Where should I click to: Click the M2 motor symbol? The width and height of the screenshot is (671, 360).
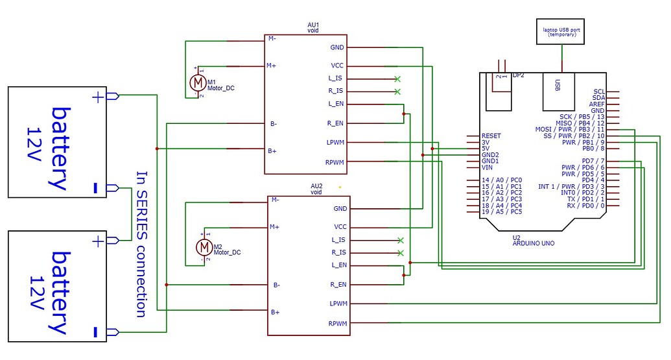(204, 246)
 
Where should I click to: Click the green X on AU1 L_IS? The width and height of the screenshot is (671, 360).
(397, 78)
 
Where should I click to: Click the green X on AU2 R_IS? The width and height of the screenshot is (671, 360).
(400, 252)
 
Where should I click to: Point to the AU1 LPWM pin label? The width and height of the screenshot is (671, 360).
(336, 143)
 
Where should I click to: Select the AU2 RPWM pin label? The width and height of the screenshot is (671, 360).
(337, 323)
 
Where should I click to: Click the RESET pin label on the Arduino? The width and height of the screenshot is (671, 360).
(491, 136)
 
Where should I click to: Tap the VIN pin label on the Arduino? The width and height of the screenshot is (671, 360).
(487, 167)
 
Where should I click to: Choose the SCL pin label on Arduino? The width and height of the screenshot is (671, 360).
(598, 92)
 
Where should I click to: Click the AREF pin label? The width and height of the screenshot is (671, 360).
(596, 104)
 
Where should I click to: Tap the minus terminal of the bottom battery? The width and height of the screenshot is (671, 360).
(96, 332)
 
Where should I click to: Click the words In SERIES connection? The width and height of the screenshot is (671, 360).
(141, 244)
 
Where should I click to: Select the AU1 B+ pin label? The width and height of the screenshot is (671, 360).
(273, 150)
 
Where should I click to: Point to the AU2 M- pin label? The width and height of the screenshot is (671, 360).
(276, 200)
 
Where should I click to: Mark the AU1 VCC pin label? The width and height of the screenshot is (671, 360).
(337, 66)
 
